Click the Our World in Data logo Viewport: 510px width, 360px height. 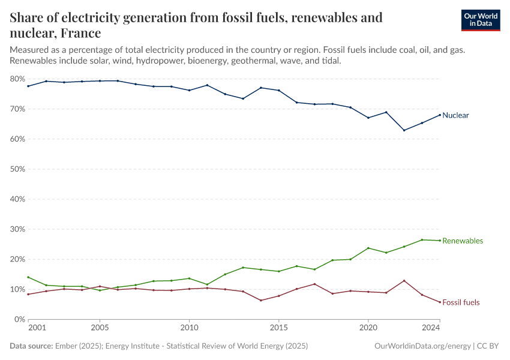click(x=480, y=20)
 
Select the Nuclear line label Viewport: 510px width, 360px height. click(x=455, y=115)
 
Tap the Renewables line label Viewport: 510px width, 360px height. click(x=463, y=241)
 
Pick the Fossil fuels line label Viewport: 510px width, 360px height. click(x=461, y=302)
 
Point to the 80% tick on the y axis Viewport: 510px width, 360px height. click(x=17, y=79)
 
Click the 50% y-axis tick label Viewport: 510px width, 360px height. click(x=17, y=169)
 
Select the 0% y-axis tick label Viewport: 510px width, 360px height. click(x=19, y=319)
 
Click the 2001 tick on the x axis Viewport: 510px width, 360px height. click(x=37, y=328)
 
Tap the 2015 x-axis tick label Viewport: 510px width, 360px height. click(x=278, y=328)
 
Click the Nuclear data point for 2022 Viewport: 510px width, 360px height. click(x=404, y=130)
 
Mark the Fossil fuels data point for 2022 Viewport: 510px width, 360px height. click(x=404, y=281)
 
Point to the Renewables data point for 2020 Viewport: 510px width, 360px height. click(x=368, y=248)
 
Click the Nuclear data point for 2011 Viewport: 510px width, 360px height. click(x=207, y=85)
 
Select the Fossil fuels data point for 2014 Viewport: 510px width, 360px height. click(x=260, y=300)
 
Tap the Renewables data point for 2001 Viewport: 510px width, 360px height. click(x=28, y=277)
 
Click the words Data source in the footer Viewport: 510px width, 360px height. click(x=29, y=346)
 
